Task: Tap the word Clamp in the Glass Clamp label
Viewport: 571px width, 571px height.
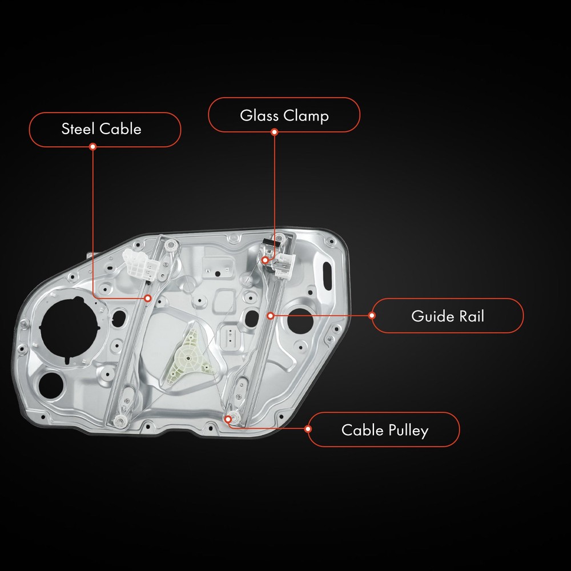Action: pyautogui.click(x=308, y=116)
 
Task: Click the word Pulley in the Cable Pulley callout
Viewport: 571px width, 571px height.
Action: pyautogui.click(x=406, y=430)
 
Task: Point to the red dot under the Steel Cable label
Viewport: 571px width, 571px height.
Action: pyautogui.click(x=93, y=147)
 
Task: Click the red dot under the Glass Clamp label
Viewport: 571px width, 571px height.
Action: pyautogui.click(x=274, y=132)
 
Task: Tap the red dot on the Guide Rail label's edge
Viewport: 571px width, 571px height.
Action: pyautogui.click(x=372, y=315)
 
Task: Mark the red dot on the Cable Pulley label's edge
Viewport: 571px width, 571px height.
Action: pyautogui.click(x=308, y=429)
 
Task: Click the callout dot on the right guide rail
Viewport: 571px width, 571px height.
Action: pyautogui.click(x=270, y=315)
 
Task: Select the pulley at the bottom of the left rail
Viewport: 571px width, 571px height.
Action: pyautogui.click(x=120, y=421)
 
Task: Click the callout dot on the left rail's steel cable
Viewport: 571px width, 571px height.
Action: pyautogui.click(x=147, y=297)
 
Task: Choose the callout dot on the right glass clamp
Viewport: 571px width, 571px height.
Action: pyautogui.click(x=265, y=260)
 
